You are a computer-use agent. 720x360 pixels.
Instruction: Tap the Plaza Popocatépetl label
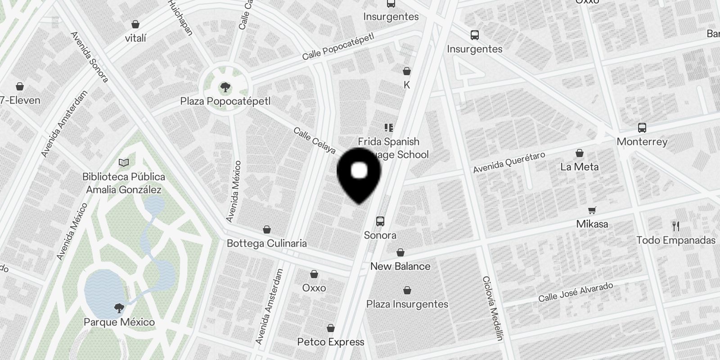(x=225, y=101)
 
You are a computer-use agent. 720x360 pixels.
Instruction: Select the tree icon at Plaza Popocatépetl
(x=225, y=87)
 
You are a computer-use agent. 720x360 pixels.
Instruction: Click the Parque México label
(x=119, y=322)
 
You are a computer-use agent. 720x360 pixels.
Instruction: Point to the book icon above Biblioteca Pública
(x=124, y=162)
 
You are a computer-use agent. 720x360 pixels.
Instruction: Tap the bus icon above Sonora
(x=380, y=221)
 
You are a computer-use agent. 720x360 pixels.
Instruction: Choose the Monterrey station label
(x=642, y=142)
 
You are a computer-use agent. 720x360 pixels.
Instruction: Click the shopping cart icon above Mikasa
(x=592, y=210)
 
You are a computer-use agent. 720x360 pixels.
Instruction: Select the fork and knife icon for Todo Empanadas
(x=675, y=226)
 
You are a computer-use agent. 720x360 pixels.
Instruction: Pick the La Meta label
(x=579, y=167)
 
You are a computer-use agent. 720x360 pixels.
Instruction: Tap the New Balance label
(x=400, y=266)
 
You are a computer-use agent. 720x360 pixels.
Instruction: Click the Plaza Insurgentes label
(x=407, y=304)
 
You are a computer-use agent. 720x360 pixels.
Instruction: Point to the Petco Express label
(x=331, y=342)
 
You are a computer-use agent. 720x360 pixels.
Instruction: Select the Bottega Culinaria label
(x=267, y=243)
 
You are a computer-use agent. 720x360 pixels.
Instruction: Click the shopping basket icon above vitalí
(x=135, y=24)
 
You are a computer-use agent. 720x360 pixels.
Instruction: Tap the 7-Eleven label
(x=20, y=100)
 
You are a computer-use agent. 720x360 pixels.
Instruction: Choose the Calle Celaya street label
(x=315, y=140)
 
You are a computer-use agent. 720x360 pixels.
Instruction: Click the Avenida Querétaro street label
(x=509, y=162)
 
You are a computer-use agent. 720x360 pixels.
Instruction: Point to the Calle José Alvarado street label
(x=576, y=292)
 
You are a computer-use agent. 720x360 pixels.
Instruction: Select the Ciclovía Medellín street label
(x=492, y=308)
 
